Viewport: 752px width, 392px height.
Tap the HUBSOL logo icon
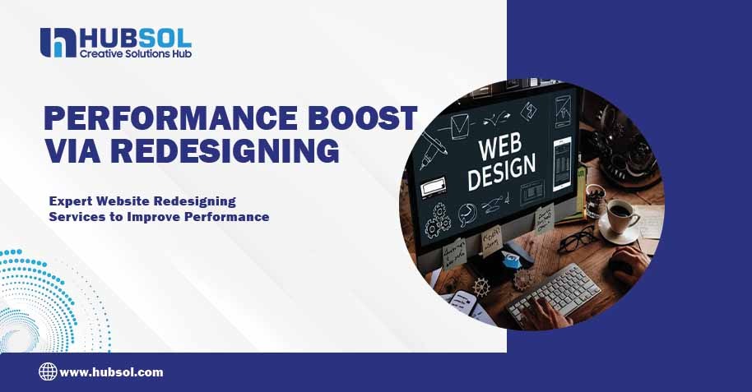tap(58, 43)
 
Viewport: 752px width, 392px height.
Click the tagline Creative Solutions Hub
tap(135, 53)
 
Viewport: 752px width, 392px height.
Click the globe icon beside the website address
tap(48, 371)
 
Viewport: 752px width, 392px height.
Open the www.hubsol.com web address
tap(111, 372)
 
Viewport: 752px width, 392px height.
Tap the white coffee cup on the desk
tap(621, 218)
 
